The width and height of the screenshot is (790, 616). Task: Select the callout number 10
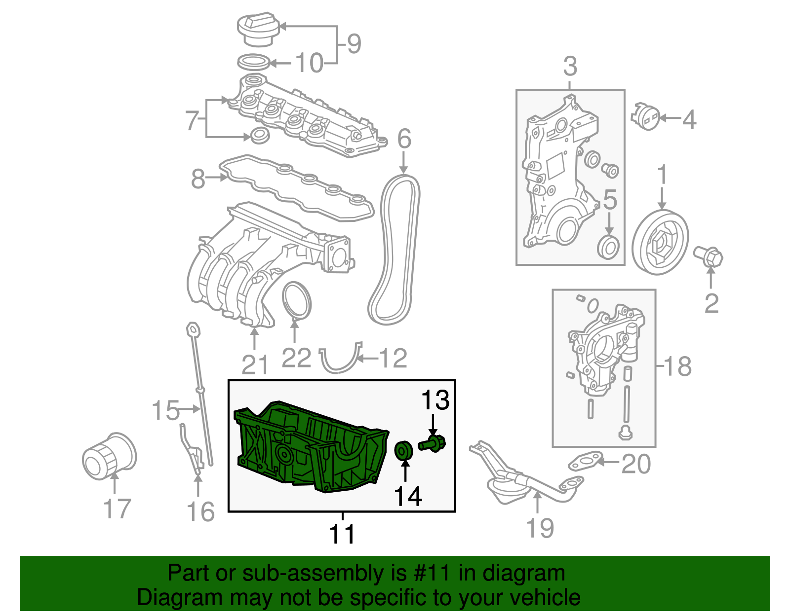(309, 63)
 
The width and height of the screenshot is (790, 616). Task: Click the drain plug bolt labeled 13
(433, 442)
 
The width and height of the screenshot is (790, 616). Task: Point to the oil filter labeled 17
(109, 456)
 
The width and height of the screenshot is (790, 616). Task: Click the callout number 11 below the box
(342, 534)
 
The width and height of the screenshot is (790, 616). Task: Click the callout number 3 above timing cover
(570, 66)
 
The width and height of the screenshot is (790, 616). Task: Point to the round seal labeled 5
(608, 247)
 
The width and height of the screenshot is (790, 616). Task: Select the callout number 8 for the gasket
(198, 179)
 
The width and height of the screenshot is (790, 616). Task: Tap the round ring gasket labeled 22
(297, 300)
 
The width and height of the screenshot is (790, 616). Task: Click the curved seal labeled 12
(341, 362)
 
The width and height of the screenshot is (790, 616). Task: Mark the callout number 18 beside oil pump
(678, 366)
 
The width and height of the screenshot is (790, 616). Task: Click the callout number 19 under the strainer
(540, 528)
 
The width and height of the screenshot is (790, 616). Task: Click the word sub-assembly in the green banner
(314, 574)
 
